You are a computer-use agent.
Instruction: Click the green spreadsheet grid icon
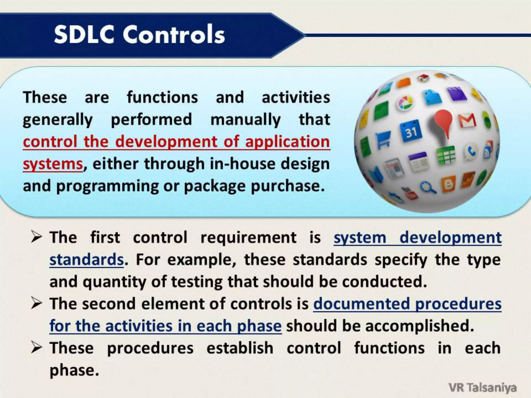[x=446, y=155]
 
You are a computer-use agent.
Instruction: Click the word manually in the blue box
[x=245, y=120]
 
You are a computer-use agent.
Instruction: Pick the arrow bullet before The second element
[x=37, y=304]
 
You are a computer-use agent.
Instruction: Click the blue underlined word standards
[x=87, y=260]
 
